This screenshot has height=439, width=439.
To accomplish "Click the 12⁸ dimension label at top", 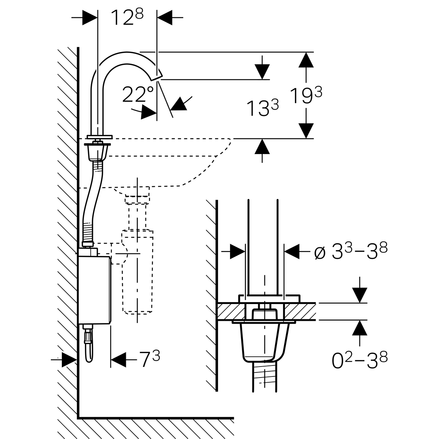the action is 127,18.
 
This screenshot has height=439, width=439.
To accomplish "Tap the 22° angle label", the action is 138,94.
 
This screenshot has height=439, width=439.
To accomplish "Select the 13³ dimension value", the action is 262,108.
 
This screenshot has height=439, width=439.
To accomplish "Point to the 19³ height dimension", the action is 306,96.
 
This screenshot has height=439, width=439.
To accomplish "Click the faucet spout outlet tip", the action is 157,78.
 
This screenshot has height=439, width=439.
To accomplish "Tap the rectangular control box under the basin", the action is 94,289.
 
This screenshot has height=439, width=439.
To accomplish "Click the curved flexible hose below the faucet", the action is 91,203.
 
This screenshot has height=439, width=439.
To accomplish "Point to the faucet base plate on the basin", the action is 100,137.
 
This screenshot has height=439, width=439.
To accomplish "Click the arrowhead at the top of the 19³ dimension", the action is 306,60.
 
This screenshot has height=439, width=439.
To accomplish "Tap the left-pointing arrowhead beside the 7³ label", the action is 118,360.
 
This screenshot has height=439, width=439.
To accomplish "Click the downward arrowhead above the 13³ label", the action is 262,72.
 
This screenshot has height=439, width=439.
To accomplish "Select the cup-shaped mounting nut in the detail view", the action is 264,342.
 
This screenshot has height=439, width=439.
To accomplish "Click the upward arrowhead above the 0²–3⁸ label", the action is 360,328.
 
